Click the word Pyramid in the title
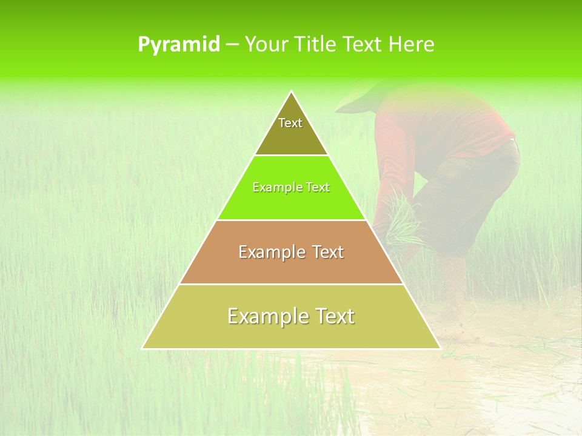coord(179,45)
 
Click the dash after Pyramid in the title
coord(232,45)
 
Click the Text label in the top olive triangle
coord(290,123)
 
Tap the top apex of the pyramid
coord(291,92)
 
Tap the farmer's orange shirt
coord(436,127)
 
